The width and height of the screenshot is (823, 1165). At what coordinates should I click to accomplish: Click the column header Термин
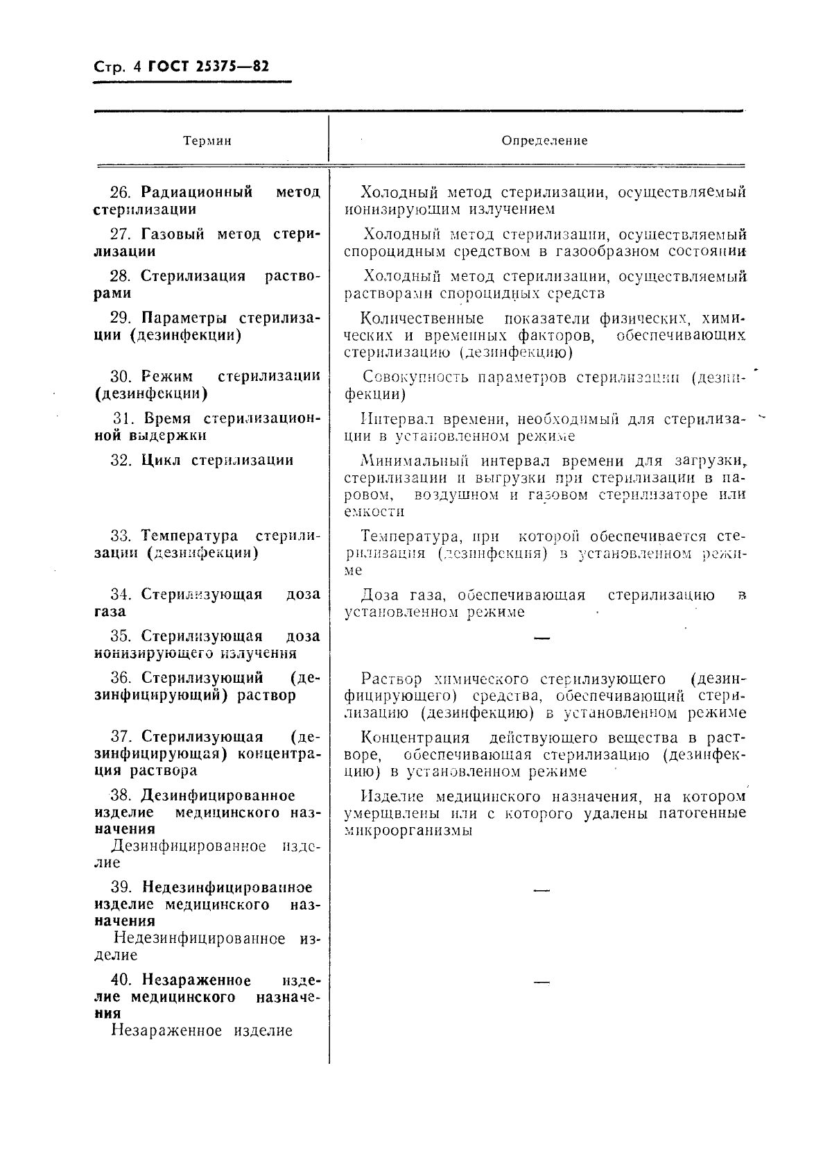pyautogui.click(x=207, y=141)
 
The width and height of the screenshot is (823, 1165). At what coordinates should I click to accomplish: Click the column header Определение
pyautogui.click(x=544, y=140)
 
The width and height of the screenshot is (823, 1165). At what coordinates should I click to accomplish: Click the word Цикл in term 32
pyautogui.click(x=162, y=460)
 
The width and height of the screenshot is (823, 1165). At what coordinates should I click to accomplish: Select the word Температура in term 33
pyautogui.click(x=189, y=536)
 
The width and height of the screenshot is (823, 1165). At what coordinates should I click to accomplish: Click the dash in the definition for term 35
pyautogui.click(x=542, y=638)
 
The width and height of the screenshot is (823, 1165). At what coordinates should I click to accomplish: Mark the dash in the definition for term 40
pyautogui.click(x=542, y=982)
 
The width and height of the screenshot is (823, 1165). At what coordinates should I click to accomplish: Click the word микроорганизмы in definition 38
pyautogui.click(x=408, y=830)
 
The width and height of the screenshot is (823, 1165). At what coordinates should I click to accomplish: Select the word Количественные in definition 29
pyautogui.click(x=422, y=319)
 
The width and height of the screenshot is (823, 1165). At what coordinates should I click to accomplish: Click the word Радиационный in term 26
pyautogui.click(x=196, y=192)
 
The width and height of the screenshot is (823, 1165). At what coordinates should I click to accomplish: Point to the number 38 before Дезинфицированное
pyautogui.click(x=121, y=795)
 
